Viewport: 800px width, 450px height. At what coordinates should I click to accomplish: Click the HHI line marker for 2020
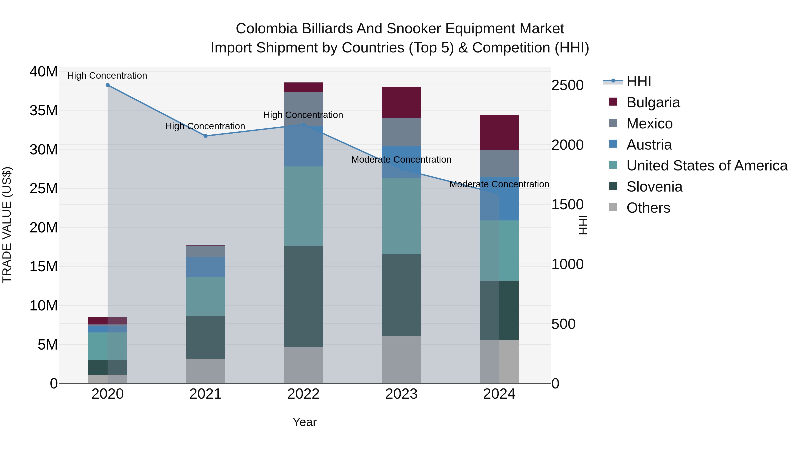108,85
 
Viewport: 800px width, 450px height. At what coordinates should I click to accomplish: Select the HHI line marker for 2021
205,136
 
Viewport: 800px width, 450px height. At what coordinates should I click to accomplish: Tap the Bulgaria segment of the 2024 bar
499,133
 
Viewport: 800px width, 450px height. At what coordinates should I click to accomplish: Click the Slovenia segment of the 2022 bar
303,297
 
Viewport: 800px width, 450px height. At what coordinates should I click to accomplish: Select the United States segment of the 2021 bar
205,297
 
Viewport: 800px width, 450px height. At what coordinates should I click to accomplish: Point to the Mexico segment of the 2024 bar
499,163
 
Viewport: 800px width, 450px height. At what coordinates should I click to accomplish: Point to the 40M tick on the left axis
44,72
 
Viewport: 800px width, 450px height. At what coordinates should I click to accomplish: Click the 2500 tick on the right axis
567,85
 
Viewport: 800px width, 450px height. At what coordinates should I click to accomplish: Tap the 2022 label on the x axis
303,394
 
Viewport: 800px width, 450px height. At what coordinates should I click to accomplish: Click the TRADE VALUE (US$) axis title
7,225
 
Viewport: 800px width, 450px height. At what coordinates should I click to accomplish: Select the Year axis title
304,422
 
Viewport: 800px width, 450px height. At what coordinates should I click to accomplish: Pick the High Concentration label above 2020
107,76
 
